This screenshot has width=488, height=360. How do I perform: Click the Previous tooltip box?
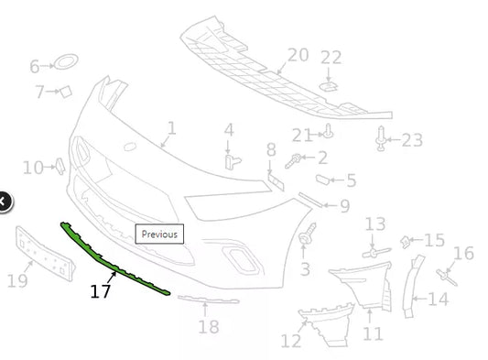[x=159, y=234]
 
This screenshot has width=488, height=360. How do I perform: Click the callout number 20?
[x=298, y=55]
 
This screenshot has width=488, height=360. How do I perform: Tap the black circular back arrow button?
[x=4, y=201]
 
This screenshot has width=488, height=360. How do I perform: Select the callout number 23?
[x=412, y=140]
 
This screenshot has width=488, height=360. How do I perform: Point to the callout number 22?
[x=331, y=58]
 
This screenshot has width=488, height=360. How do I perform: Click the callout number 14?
[x=438, y=299]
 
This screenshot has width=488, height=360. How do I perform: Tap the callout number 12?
[x=291, y=342]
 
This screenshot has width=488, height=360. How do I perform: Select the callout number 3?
[x=305, y=269]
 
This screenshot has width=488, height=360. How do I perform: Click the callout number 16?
[x=463, y=254]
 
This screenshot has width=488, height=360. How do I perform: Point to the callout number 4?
[x=229, y=130]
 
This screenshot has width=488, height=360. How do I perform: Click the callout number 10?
[x=33, y=168]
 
